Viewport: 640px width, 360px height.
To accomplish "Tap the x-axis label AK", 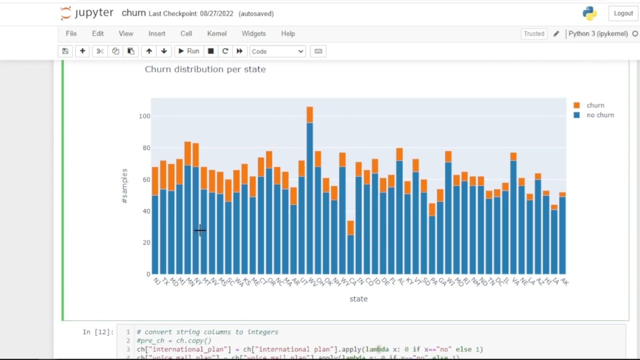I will point(564,282).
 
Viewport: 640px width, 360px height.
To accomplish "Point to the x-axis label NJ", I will point(156,282).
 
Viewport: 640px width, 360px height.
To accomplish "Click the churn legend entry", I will point(595,105).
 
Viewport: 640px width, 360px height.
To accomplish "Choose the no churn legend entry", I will point(599,115).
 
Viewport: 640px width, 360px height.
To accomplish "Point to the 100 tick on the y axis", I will point(144,116).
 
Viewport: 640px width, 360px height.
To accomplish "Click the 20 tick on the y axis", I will point(146,242).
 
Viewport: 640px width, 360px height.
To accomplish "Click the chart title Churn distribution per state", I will point(205,69).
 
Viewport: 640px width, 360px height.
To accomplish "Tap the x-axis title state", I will point(358,299).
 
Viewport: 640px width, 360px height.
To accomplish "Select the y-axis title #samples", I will point(124,185).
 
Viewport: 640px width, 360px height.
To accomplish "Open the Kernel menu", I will point(216,33).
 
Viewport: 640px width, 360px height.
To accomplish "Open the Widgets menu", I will point(253,33).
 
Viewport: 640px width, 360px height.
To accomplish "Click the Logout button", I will point(623,13).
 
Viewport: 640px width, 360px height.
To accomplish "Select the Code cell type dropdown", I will point(277,51).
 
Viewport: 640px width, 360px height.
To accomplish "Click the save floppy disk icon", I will point(65,51).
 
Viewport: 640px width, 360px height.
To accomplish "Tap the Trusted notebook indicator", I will point(533,33).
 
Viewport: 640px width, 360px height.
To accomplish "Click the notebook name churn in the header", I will point(133,13).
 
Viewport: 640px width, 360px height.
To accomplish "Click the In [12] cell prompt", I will point(98,332).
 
